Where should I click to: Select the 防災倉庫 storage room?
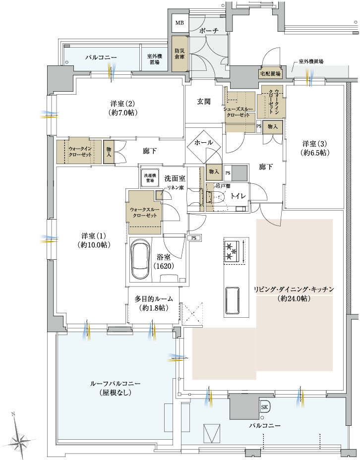(x=179, y=54)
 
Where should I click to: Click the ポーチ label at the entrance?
(x=209, y=31)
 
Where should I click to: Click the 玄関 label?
(x=204, y=102)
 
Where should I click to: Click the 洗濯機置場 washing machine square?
(x=150, y=178)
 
